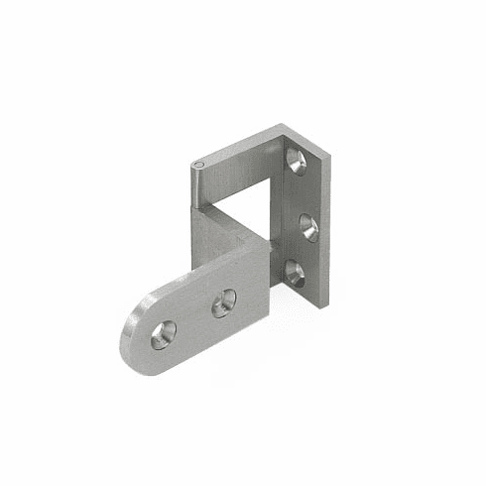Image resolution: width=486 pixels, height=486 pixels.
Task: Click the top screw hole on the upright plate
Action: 296,159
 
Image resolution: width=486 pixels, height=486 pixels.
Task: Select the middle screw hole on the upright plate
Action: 309,227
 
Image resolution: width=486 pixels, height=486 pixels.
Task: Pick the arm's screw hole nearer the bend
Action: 224,303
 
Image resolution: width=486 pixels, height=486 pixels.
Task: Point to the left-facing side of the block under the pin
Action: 202,238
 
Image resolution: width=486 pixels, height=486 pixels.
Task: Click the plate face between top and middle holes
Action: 303,193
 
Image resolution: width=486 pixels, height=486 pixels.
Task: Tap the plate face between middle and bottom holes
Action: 303,250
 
